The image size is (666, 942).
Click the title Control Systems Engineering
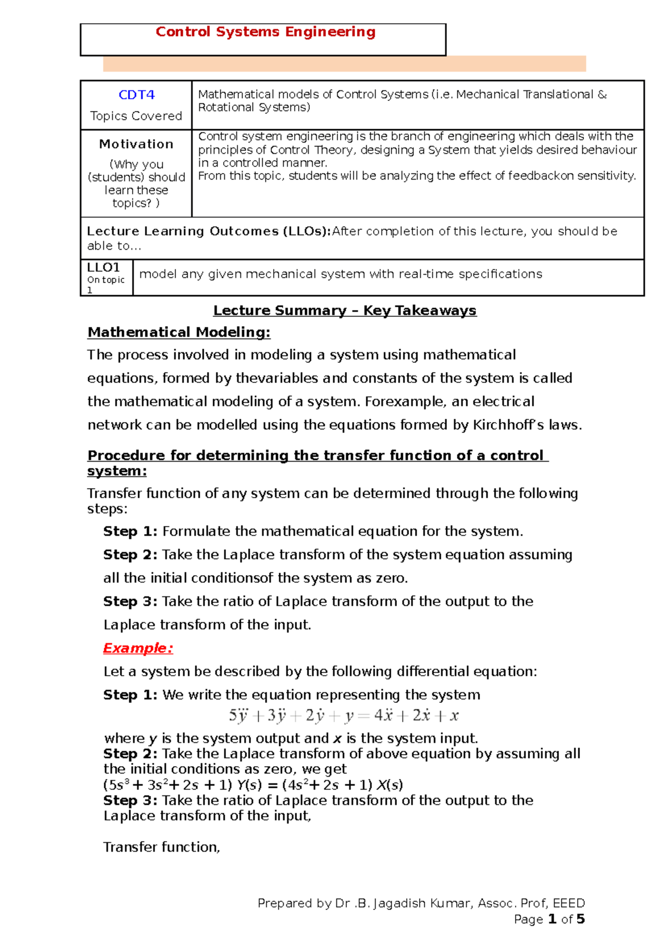265,32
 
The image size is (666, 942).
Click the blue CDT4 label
136,95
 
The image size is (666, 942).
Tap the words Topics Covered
136,116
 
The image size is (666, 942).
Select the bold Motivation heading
136,144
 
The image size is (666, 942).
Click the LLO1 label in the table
103,267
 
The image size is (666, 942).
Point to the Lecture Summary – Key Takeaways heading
345,311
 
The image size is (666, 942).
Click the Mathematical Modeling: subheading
179,332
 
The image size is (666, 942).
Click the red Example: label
138,648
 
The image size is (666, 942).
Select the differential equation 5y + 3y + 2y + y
344,716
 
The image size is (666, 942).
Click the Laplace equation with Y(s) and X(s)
253,785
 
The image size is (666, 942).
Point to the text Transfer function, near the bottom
162,847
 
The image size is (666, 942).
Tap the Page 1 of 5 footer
549,919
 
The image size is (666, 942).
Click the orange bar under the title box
344,64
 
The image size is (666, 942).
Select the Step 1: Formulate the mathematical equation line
313,531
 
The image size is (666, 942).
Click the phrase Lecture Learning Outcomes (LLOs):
209,231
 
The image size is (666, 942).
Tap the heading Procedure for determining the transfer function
317,455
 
